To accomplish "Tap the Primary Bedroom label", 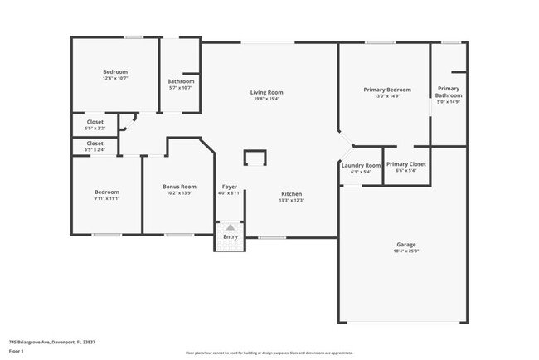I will [x=387, y=89].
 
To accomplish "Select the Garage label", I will [x=405, y=244].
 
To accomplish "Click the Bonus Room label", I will [x=179, y=187].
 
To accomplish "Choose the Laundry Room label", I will [x=361, y=165].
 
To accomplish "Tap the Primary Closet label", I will [x=406, y=164].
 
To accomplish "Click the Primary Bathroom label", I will [x=449, y=92].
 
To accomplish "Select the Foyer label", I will [x=230, y=187].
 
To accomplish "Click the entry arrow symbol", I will [x=230, y=226].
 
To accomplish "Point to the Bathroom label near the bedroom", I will [x=181, y=81].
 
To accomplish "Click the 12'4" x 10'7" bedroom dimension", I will [x=115, y=79].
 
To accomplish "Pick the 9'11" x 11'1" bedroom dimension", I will [x=106, y=199].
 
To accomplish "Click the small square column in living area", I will [x=255, y=158].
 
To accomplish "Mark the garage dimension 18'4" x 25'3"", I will [x=405, y=251].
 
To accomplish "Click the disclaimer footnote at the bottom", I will [x=269, y=353].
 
